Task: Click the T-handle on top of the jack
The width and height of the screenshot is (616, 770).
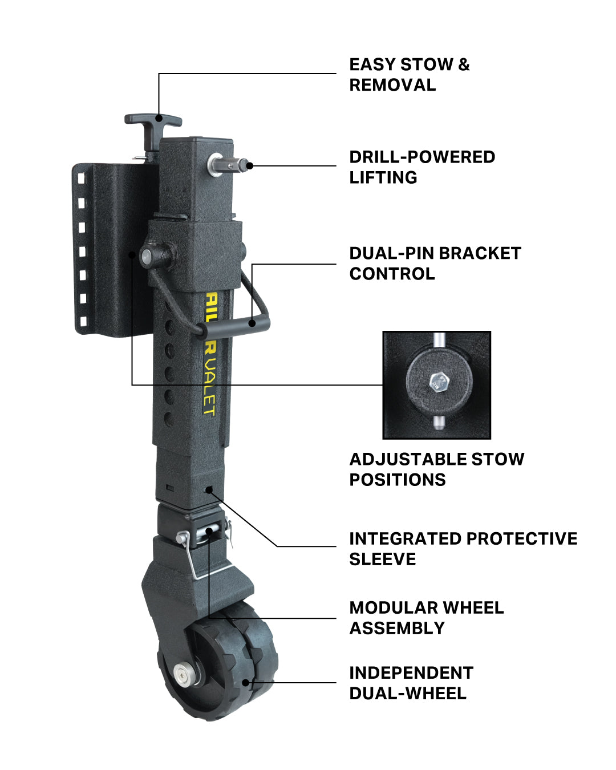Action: (153, 120)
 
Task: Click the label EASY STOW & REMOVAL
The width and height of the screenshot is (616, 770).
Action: (409, 75)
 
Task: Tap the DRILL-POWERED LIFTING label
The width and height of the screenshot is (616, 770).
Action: (422, 167)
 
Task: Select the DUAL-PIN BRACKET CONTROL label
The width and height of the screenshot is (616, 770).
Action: (435, 264)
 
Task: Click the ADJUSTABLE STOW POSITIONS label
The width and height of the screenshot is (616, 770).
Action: (436, 469)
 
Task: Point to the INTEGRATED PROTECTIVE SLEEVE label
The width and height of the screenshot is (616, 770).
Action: (463, 549)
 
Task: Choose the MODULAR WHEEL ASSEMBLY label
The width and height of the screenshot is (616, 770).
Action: (426, 618)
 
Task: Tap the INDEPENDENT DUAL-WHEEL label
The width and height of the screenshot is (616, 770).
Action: (411, 683)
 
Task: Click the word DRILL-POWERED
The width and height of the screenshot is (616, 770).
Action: (422, 157)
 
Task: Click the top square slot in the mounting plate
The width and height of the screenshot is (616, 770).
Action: (81, 179)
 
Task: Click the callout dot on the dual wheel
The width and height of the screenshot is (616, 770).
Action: (246, 682)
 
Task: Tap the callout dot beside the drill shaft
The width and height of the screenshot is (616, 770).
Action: (250, 166)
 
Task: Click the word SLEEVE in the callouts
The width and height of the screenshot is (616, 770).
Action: (382, 560)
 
